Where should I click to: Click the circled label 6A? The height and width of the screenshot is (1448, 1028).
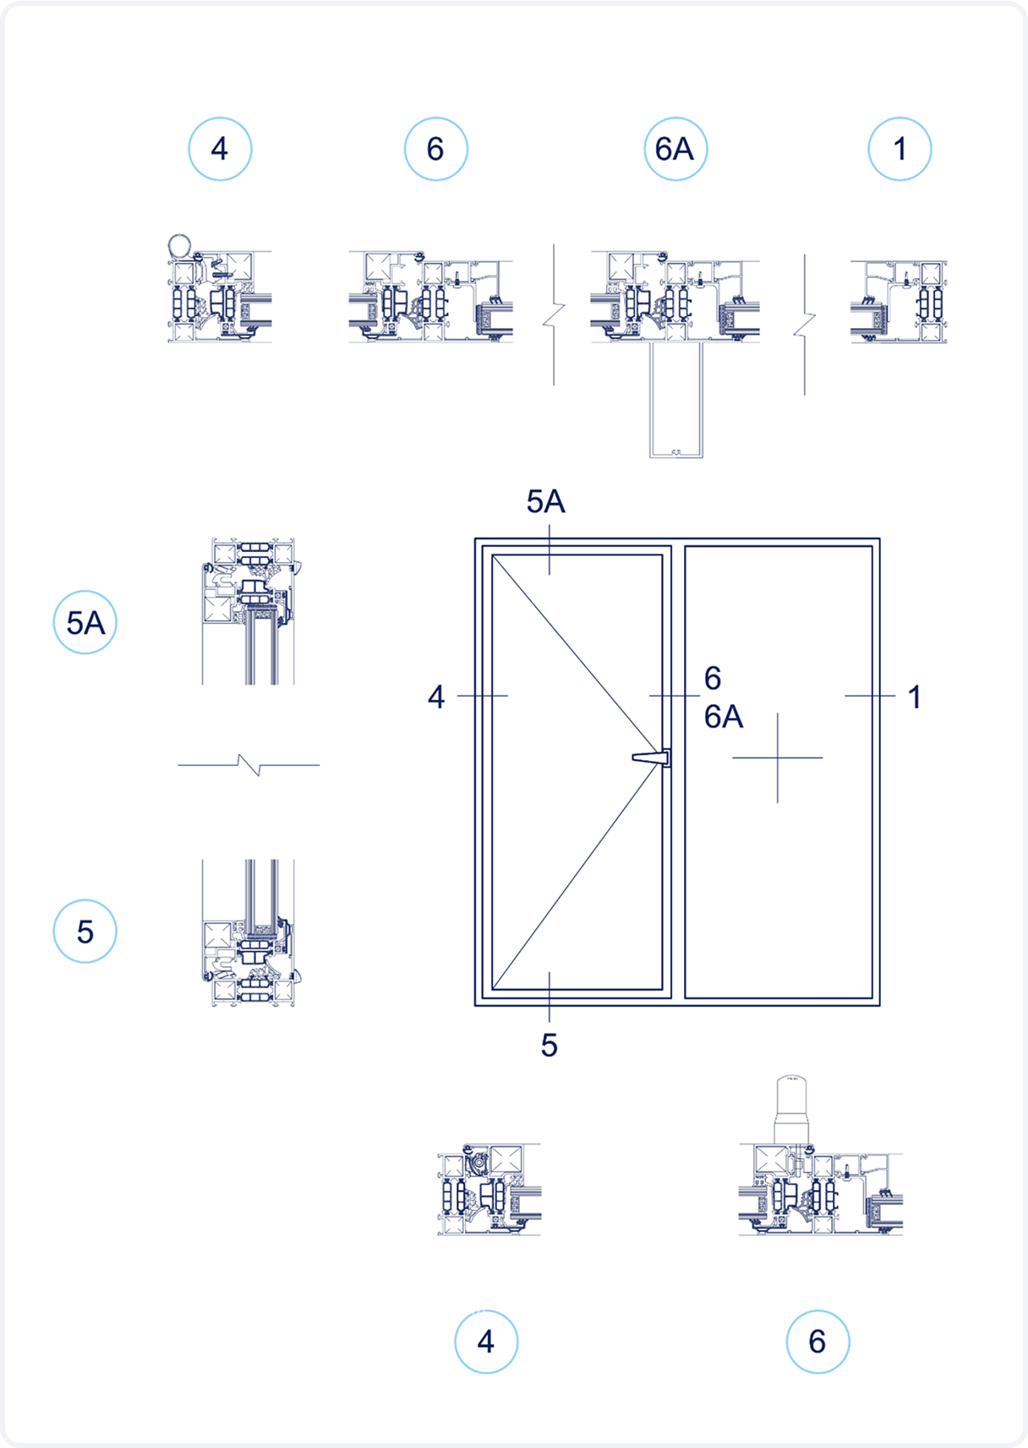675,149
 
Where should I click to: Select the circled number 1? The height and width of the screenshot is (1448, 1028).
899,149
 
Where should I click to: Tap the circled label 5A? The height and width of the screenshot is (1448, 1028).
85,623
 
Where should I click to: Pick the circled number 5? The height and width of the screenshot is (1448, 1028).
85,932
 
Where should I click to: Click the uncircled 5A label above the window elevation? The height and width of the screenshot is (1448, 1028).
545,502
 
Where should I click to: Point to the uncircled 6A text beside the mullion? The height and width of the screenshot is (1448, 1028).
724,718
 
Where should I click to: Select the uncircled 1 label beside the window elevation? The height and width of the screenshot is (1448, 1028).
914,697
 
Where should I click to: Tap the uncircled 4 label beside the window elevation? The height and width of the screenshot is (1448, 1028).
435,697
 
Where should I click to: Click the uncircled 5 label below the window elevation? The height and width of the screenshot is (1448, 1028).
550,1046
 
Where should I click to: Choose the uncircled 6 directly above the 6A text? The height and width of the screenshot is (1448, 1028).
713,678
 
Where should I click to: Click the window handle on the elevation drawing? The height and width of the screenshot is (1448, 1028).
652,757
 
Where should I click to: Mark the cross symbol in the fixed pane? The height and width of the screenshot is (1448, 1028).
778,757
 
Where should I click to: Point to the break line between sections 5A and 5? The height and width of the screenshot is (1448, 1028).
249,765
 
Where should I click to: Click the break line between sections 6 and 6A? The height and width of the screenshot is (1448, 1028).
554,315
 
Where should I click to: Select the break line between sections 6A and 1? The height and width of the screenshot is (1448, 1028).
805,324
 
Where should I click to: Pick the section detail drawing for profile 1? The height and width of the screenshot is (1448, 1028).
898,302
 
